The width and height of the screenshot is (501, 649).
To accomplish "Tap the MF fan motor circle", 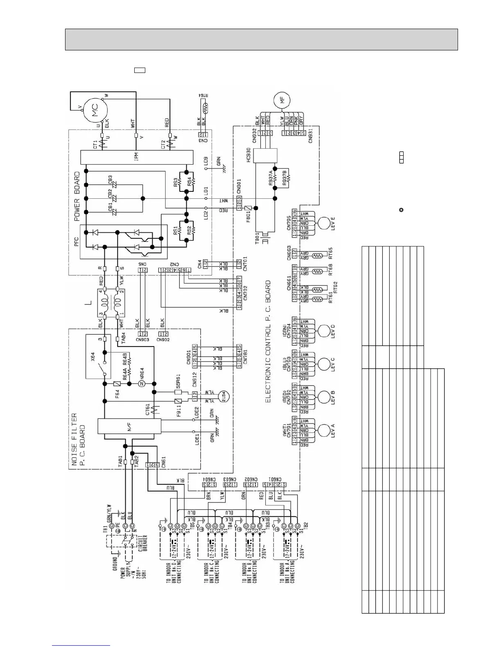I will pos(282,100).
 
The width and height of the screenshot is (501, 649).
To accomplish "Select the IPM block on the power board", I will pos(137,156).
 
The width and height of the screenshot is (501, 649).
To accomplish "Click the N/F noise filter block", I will pos(129,426).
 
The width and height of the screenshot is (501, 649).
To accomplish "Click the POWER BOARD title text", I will pos(77,197).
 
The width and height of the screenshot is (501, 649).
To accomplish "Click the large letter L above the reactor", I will pos(88,303).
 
